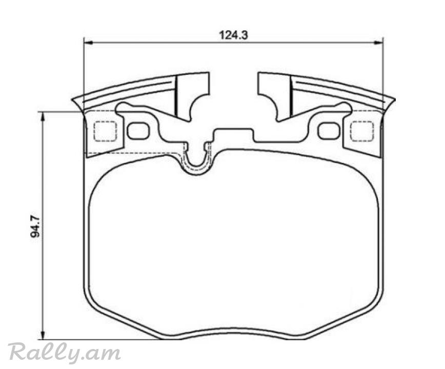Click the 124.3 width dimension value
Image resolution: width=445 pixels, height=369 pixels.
tap(233, 35)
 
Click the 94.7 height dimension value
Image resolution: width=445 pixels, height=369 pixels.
tap(35, 227)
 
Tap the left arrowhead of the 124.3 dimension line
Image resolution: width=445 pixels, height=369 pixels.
tap(89, 43)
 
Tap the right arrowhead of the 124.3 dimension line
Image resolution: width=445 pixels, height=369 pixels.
tap(378, 43)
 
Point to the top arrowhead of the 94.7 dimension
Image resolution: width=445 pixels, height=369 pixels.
tap(43, 116)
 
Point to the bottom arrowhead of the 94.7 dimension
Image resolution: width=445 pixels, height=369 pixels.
tap(43, 335)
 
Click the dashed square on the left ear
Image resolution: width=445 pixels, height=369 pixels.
tap(105, 131)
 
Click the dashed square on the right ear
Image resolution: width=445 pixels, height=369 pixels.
tap(362, 131)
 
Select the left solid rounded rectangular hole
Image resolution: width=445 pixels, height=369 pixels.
tap(138, 131)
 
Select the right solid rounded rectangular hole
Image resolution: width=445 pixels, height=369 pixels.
tap(329, 131)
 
